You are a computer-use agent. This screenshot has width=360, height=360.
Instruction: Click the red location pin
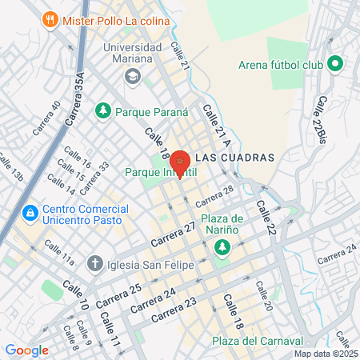tap(181, 162)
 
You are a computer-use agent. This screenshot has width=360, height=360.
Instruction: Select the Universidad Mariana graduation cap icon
tap(131, 77)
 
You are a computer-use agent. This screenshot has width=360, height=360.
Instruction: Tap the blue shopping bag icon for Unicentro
tap(30, 213)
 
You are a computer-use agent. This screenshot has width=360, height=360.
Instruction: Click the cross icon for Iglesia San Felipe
tap(94, 262)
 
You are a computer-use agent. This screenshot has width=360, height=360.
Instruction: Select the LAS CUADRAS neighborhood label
tap(234, 158)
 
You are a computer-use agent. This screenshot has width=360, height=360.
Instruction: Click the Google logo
tap(27, 350)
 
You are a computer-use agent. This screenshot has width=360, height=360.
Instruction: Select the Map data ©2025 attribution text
tap(324, 354)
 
